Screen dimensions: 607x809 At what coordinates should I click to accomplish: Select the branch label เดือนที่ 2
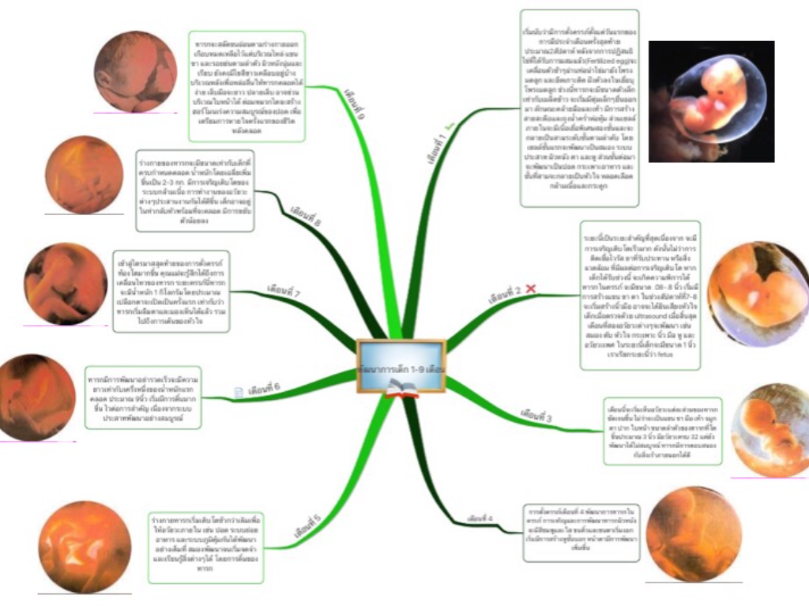click(x=505, y=296)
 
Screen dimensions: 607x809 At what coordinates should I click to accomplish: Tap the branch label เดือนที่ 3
click(x=536, y=414)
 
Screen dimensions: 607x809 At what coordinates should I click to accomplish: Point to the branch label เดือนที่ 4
click(x=480, y=518)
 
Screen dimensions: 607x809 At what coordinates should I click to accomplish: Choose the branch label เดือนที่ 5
click(x=307, y=526)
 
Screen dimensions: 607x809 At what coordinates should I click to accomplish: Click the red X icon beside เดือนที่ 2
click(x=530, y=291)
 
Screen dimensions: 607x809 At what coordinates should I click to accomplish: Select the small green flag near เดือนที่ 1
click(x=450, y=125)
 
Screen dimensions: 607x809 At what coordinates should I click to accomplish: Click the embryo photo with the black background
click(x=711, y=101)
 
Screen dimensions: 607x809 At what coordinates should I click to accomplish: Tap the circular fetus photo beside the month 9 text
click(x=135, y=72)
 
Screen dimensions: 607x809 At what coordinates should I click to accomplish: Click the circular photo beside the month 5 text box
click(x=85, y=546)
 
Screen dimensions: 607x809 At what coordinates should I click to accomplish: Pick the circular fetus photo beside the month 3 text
click(x=769, y=430)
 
